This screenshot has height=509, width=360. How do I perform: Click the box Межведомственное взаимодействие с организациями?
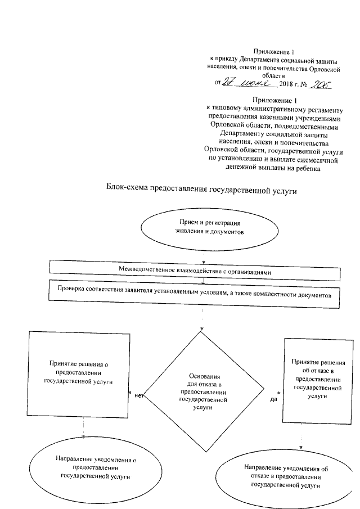point(195,271)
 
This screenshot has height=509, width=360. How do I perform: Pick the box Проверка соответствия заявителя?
point(195,294)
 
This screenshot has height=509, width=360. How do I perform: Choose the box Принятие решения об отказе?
point(318,380)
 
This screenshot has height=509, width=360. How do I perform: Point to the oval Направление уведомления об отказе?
point(286,475)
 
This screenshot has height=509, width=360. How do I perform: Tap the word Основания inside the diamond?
point(202,376)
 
